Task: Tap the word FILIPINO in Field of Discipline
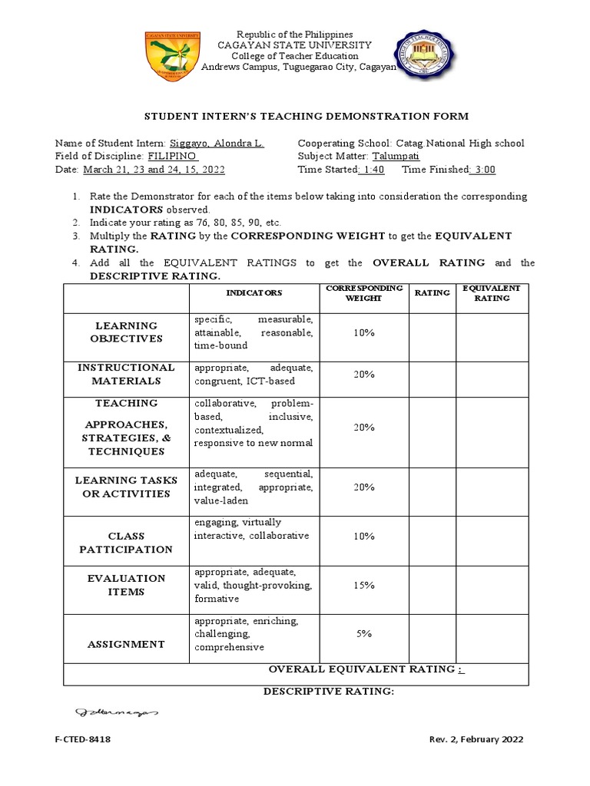pyautogui.click(x=172, y=156)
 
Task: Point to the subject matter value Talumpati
pyautogui.click(x=396, y=156)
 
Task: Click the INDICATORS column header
pyautogui.click(x=254, y=292)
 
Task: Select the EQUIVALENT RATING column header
pyautogui.click(x=492, y=292)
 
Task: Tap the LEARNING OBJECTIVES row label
pyautogui.click(x=126, y=332)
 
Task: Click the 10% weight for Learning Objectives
pyautogui.click(x=363, y=332)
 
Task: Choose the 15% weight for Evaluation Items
pyautogui.click(x=363, y=585)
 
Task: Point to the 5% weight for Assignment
pyautogui.click(x=363, y=634)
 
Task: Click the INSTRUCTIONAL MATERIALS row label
pyautogui.click(x=126, y=374)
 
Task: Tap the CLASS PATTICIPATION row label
pyautogui.click(x=126, y=543)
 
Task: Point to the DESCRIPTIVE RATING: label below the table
pyautogui.click(x=328, y=692)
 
